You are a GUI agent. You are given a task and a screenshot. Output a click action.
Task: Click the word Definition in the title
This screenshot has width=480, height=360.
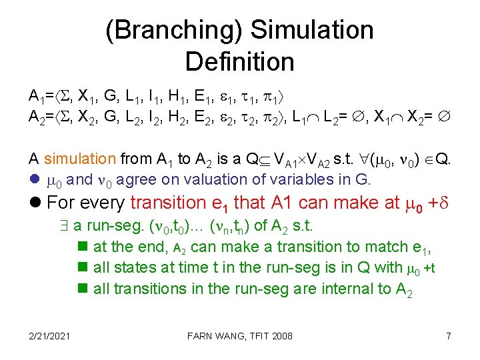pyautogui.click(x=239, y=62)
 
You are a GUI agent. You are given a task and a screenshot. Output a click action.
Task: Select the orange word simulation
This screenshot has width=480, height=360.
pyautogui.click(x=80, y=159)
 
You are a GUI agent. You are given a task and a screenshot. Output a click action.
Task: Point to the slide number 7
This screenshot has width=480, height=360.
pyautogui.click(x=449, y=335)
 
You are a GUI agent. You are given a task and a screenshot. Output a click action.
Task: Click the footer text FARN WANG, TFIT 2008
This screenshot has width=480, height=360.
pyautogui.click(x=239, y=335)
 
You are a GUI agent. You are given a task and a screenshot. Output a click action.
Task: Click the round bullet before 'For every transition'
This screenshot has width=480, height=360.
pyautogui.click(x=35, y=202)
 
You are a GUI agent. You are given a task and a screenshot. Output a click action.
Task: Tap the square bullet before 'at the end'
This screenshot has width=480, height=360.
pyautogui.click(x=83, y=247)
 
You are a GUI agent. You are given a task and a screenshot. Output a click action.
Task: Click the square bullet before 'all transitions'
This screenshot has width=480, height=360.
pyautogui.click(x=83, y=289)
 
